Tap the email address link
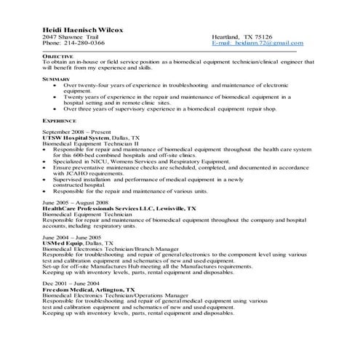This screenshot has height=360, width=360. [255, 43]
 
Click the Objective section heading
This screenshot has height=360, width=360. [57, 56]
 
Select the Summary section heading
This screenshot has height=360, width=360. [56, 78]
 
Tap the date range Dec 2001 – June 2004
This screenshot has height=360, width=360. [71, 283]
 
